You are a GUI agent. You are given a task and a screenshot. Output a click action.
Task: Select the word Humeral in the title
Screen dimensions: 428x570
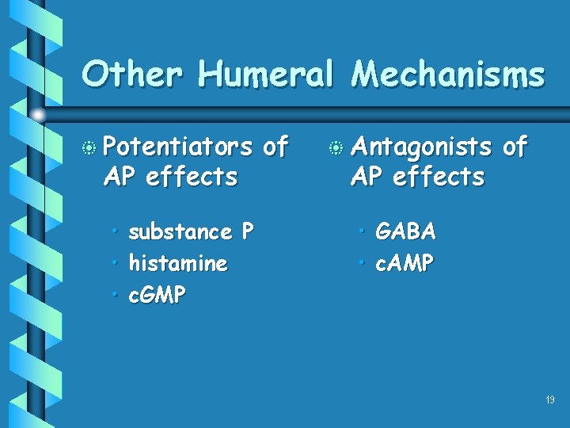coord(266,75)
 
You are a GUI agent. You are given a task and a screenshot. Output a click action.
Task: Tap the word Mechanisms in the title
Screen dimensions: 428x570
coord(448,75)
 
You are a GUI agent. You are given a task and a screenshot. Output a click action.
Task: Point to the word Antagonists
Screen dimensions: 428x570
coord(422,147)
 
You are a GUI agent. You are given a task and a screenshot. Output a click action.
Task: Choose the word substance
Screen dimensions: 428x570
coord(180,232)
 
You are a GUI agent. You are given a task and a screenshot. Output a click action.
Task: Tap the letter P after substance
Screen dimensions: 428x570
coord(248,231)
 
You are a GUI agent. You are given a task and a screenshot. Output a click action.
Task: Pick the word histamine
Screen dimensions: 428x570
coord(178,263)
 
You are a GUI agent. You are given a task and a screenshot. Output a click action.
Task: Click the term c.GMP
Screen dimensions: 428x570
coord(157,296)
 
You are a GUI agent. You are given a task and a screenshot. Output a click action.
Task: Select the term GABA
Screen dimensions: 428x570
coord(405,231)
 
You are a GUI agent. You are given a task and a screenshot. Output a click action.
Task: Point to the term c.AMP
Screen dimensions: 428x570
coord(405,263)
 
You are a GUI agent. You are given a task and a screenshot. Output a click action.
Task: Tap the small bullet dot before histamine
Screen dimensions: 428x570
coord(115,263)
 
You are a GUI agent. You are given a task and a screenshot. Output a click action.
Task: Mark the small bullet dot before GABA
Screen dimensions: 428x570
coord(363,231)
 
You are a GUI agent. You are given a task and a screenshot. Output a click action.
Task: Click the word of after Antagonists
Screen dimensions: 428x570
coord(515,147)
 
